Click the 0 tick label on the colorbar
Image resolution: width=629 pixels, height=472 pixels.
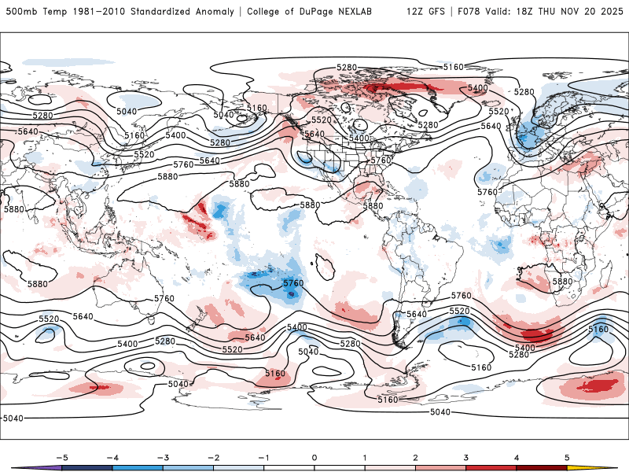[x=314, y=457]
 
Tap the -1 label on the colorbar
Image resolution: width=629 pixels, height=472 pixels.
[x=263, y=457]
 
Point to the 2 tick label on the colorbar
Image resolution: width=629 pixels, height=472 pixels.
[x=416, y=457]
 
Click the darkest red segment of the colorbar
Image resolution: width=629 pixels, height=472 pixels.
[x=543, y=468]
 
